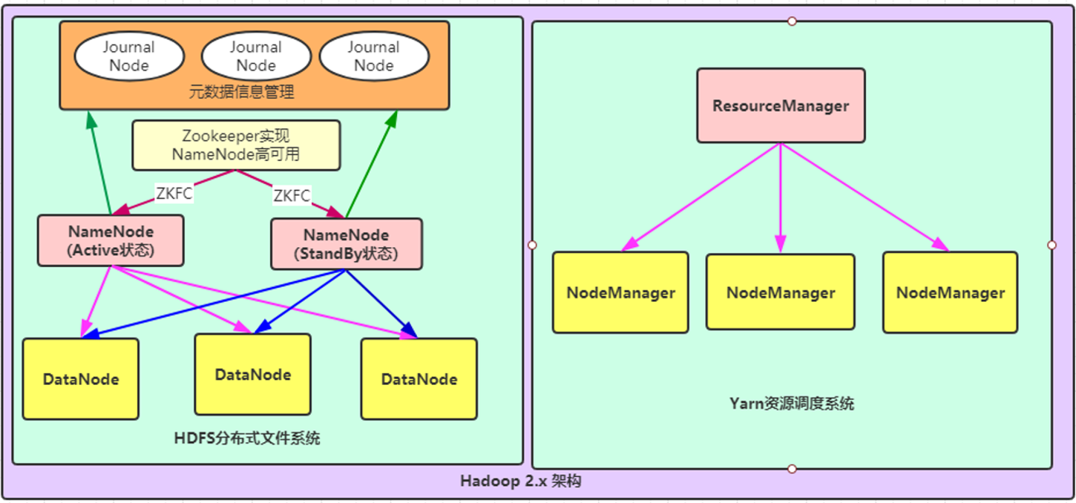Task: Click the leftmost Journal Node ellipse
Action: (x=129, y=56)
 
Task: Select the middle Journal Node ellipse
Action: (x=255, y=56)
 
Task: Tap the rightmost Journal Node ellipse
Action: (x=373, y=56)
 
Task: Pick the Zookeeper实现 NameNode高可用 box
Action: (x=236, y=145)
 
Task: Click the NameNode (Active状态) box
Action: (x=111, y=241)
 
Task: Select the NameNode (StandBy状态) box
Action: (x=346, y=244)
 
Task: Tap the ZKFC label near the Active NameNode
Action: (x=175, y=194)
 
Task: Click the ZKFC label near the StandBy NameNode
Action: (x=292, y=196)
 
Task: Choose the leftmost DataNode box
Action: (x=80, y=379)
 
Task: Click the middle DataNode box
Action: (x=252, y=375)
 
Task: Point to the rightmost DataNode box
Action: (x=419, y=379)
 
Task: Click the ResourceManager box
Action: (x=780, y=105)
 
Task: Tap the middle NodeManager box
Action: (x=780, y=292)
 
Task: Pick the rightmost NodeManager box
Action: (x=950, y=292)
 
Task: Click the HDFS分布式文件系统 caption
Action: (x=247, y=438)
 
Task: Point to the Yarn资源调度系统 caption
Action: (x=791, y=404)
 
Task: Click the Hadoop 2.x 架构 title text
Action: (x=520, y=481)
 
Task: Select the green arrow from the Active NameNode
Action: (x=99, y=163)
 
